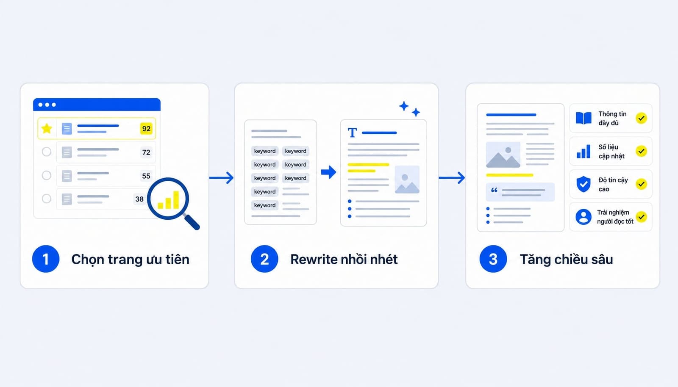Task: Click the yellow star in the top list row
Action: coord(47,128)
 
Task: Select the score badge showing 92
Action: coord(146,128)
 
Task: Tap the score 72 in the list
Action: coord(146,152)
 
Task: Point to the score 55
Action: coord(146,176)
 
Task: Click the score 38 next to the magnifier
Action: coord(139,199)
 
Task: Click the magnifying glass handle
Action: coord(192,222)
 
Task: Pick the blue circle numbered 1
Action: coord(46,259)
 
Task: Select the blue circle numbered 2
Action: coord(264,259)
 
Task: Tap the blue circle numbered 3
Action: coord(493,259)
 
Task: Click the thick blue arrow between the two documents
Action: coord(329,172)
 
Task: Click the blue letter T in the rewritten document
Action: coord(352,133)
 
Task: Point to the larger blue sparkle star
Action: coord(404,106)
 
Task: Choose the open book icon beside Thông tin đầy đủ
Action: coord(584,118)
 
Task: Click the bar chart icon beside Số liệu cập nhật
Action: coord(584,151)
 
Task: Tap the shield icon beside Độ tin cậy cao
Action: coord(584,184)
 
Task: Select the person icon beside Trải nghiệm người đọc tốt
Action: coord(584,217)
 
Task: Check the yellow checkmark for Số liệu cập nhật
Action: coord(642,151)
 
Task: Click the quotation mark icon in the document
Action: coord(494,190)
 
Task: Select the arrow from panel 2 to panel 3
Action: coord(452,178)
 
